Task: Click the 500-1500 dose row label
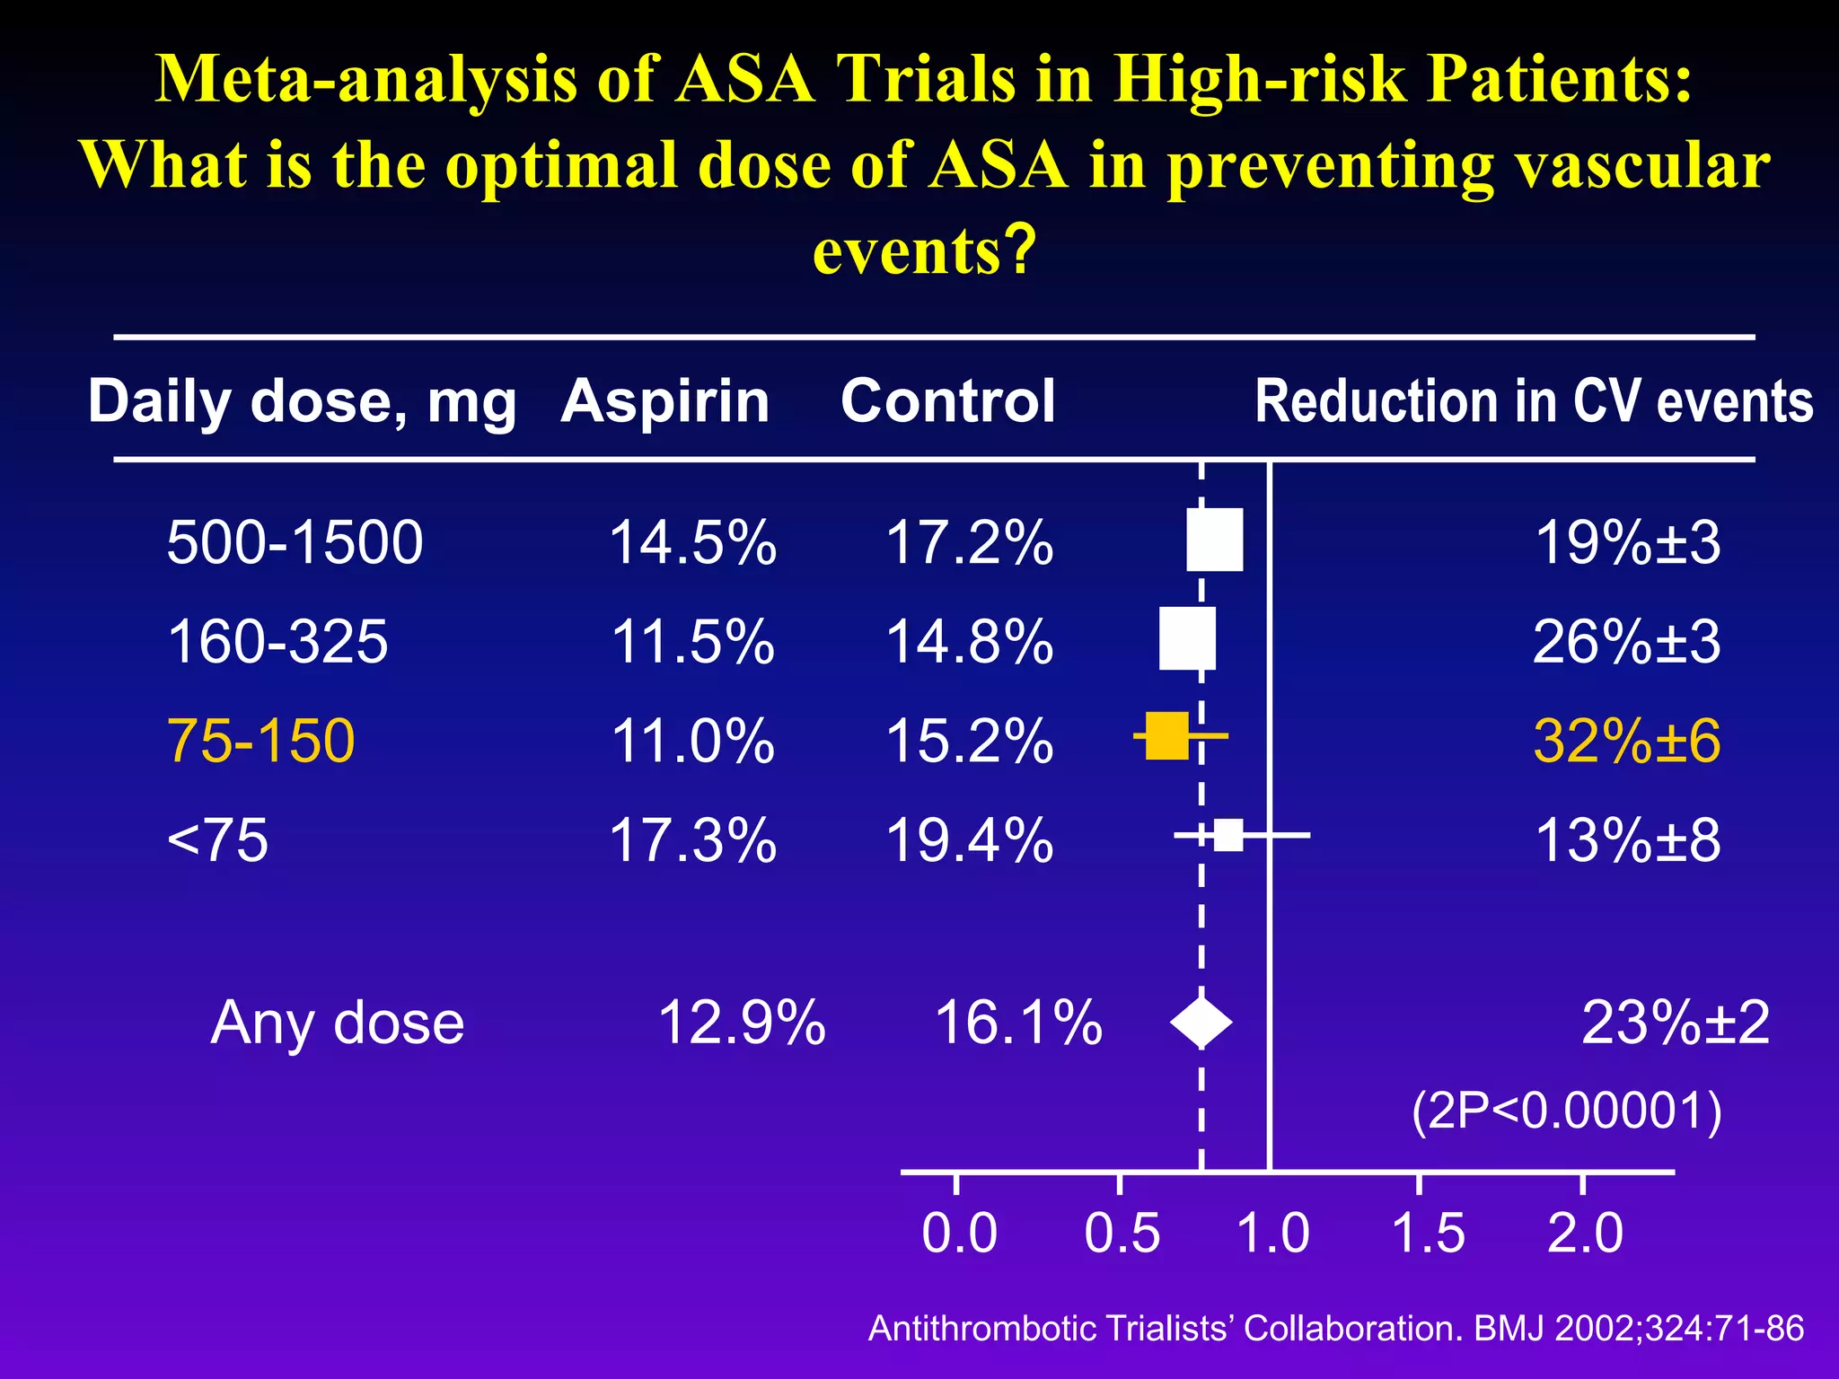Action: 295,542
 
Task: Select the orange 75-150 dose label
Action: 261,742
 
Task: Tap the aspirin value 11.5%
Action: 692,642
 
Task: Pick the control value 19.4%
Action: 969,841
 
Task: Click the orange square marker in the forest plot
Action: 1167,736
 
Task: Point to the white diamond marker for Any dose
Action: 1201,1023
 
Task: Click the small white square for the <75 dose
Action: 1228,835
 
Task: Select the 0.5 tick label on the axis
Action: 1122,1233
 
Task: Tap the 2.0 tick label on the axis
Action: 1585,1233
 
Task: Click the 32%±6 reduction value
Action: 1626,742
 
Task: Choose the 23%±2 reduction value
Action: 1675,1023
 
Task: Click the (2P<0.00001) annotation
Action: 1566,1111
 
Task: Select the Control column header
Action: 947,400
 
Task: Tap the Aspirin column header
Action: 665,400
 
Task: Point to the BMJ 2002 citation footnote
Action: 1335,1328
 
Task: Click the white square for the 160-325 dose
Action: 1187,638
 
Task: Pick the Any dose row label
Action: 337,1023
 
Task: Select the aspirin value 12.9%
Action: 741,1023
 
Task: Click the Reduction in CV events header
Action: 1533,400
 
